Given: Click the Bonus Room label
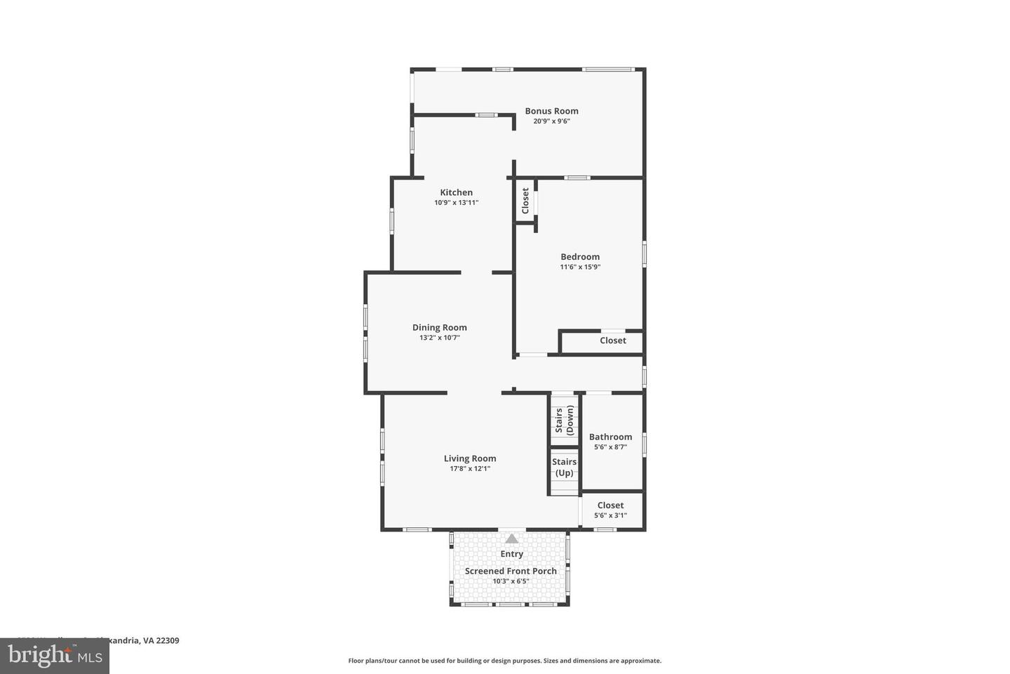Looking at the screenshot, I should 551,111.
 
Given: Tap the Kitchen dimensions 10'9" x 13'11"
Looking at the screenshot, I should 456,203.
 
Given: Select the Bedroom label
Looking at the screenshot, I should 580,257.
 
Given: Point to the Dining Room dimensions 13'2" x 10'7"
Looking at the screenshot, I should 439,338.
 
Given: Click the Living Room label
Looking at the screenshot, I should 469,458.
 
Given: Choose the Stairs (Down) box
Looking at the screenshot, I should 564,420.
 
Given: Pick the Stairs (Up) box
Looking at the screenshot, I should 564,468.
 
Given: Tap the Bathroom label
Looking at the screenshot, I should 610,437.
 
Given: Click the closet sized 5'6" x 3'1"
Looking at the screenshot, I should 610,510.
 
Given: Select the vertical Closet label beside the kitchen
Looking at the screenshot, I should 525,201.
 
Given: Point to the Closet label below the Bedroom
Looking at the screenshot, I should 612,341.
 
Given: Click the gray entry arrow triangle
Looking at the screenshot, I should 512,538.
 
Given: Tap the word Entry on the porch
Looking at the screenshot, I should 511,554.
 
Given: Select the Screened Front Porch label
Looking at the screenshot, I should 511,571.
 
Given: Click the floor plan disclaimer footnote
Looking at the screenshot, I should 504,661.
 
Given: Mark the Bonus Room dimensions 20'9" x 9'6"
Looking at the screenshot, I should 551,121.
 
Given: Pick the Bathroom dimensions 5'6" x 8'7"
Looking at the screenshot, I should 610,447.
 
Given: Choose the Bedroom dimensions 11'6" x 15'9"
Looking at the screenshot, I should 580,267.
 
